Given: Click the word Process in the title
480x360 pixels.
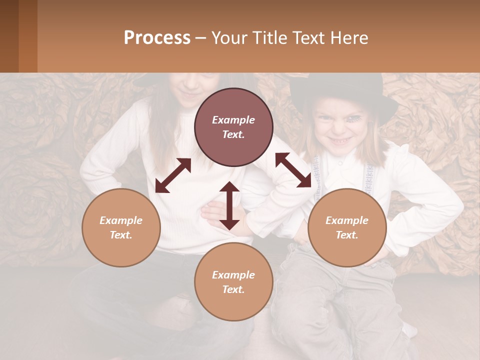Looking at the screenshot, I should pyautogui.click(x=157, y=38).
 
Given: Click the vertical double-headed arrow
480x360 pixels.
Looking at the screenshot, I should pyautogui.click(x=229, y=205).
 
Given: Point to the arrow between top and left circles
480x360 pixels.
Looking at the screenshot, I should pyautogui.click(x=173, y=175).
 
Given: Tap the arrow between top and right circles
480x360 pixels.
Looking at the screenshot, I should pyautogui.click(x=293, y=170).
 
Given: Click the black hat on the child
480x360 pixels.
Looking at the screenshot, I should pyautogui.click(x=345, y=92).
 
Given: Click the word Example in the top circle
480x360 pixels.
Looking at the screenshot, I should pyautogui.click(x=233, y=120).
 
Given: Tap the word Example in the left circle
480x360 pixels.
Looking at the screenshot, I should pyautogui.click(x=121, y=220).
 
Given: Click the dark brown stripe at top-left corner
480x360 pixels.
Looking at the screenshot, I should pyautogui.click(x=9, y=36).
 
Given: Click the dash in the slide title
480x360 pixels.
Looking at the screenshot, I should pyautogui.click(x=200, y=38).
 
